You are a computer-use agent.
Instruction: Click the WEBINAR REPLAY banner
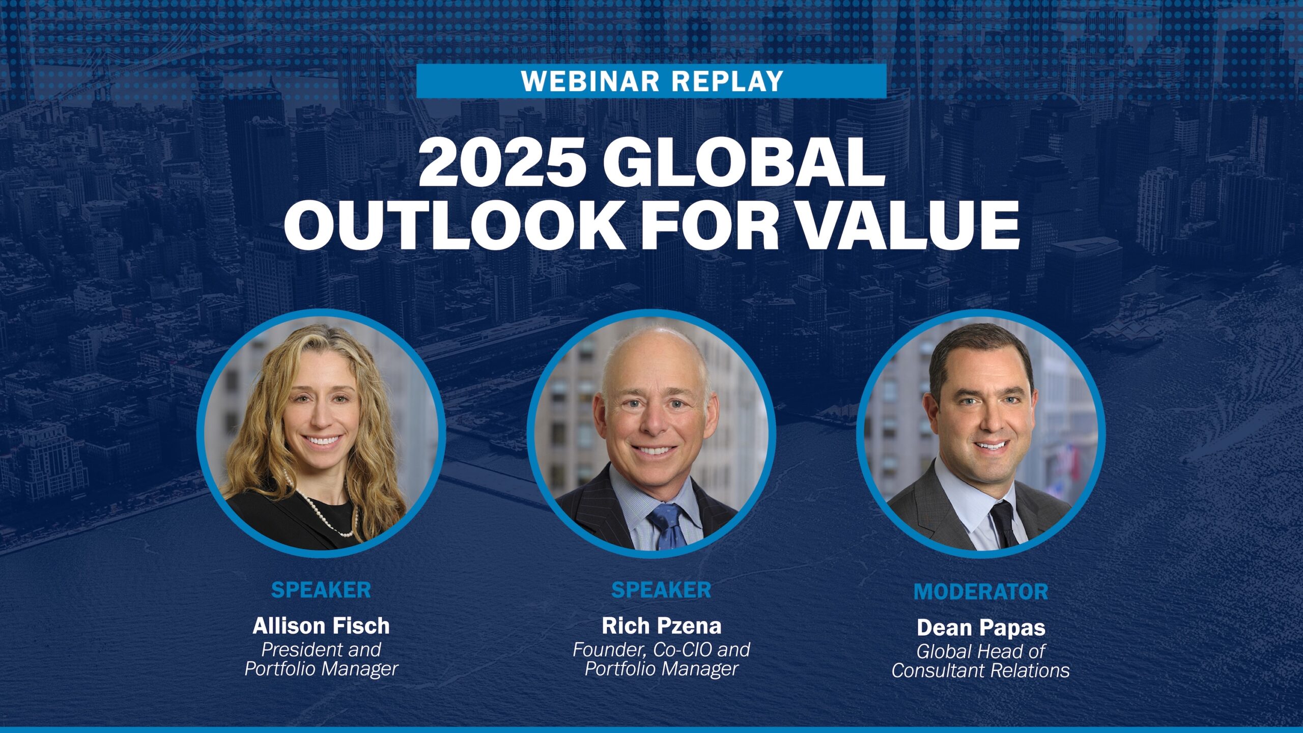(651, 81)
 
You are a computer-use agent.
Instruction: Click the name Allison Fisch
(321, 626)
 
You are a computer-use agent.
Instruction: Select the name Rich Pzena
(661, 626)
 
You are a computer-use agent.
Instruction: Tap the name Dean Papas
(981, 628)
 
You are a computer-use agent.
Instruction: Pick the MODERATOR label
(981, 591)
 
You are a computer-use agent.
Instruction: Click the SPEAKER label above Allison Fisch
(321, 590)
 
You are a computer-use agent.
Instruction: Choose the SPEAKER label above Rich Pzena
(661, 590)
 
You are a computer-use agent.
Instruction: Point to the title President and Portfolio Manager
(321, 659)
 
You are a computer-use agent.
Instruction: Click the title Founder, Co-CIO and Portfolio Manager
(661, 659)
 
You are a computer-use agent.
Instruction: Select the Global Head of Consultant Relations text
(981, 661)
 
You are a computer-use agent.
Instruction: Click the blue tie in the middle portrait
(667, 527)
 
